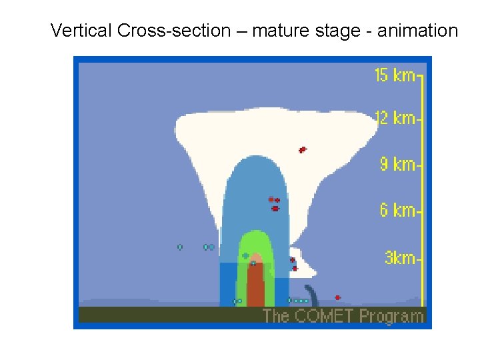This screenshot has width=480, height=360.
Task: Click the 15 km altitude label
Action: point(395,75)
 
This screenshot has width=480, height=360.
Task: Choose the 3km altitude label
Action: point(400,258)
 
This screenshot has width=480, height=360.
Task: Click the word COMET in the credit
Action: point(323,315)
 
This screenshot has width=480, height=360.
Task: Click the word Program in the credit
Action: point(391,316)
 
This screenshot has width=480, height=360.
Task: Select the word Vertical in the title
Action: point(81,31)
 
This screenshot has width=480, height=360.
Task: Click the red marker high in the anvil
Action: point(302,149)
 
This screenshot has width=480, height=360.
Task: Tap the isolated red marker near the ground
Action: point(337,297)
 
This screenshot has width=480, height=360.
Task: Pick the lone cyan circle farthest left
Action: point(180,247)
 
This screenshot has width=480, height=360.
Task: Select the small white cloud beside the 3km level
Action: point(302,263)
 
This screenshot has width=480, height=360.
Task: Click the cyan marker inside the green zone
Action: point(245,256)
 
